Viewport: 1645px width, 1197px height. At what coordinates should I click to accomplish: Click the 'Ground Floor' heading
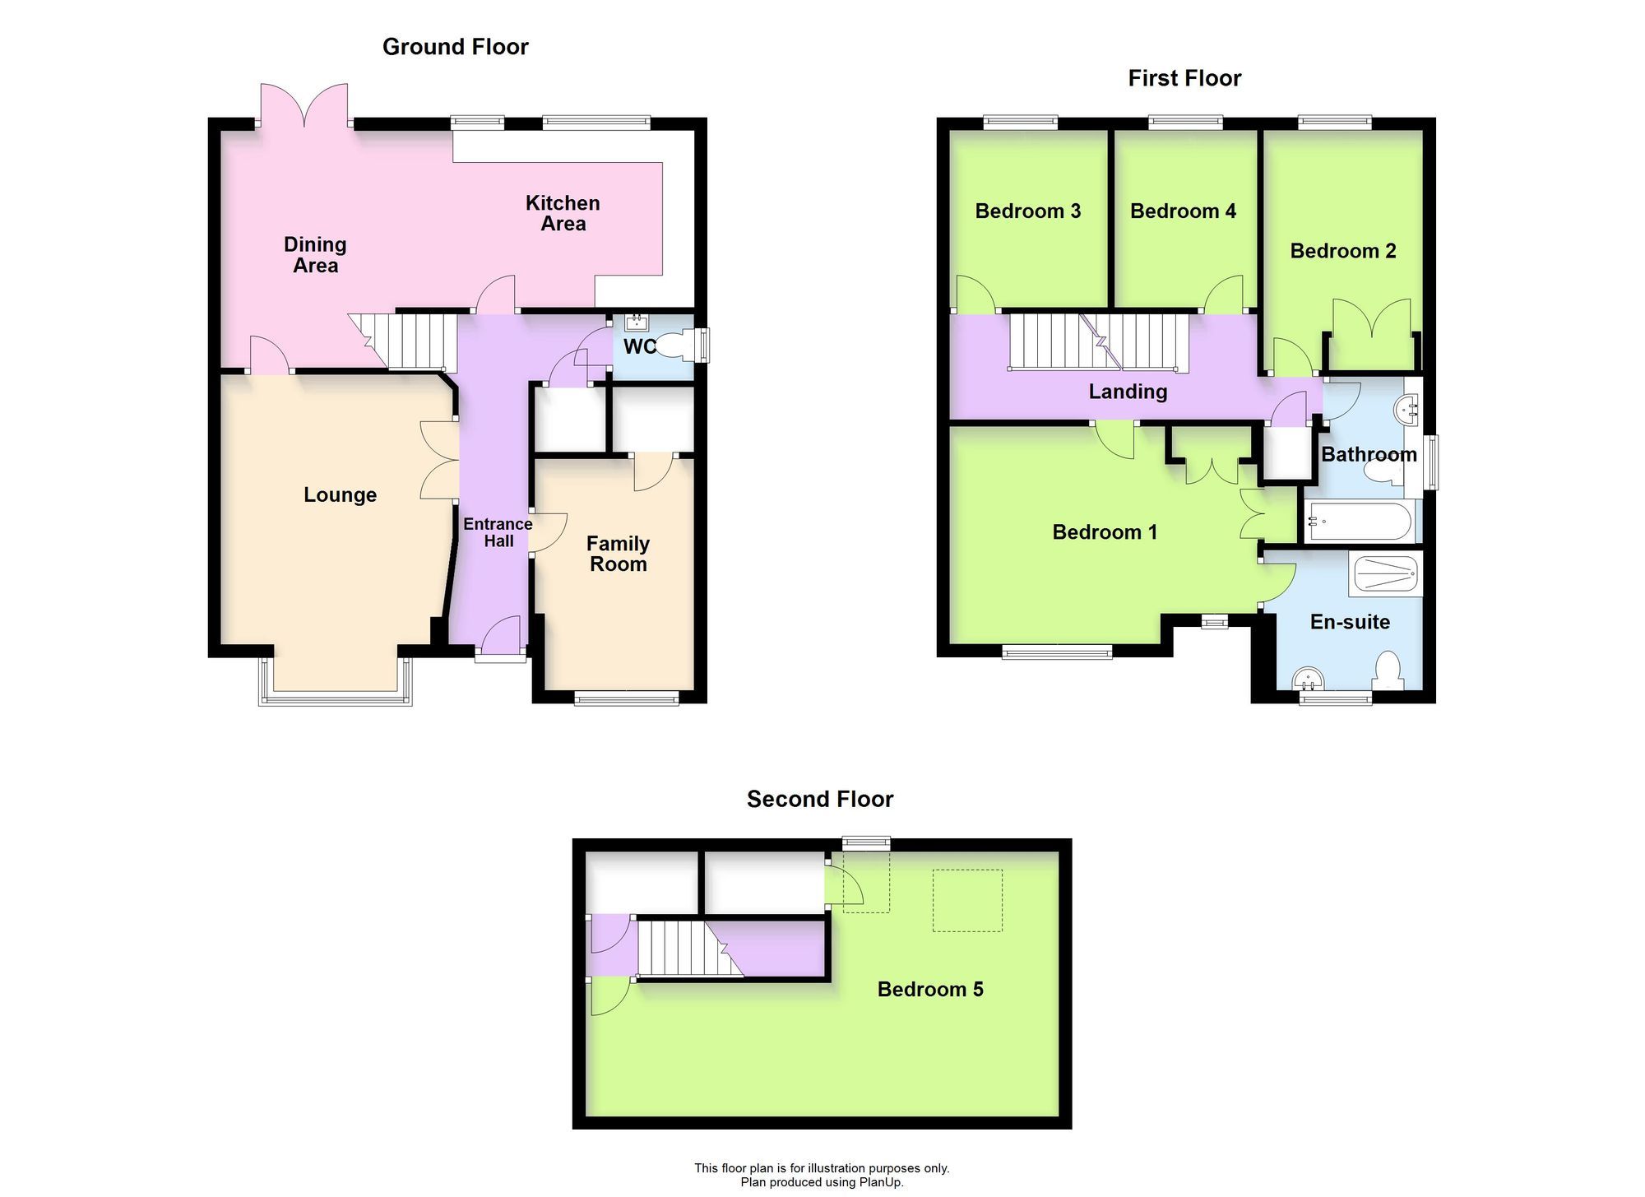tap(455, 47)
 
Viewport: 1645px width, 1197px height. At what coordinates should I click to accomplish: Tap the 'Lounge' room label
tap(340, 494)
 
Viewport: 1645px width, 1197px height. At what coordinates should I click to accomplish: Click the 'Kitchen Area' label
tap(563, 213)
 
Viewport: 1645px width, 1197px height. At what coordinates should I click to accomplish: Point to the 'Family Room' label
tap(618, 554)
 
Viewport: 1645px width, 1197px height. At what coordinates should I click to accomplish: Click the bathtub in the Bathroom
tap(1359, 522)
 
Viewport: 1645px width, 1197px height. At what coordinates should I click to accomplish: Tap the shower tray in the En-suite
tap(1386, 574)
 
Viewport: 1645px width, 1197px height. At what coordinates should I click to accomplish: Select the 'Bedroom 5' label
tap(929, 989)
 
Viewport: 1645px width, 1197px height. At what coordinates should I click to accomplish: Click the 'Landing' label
tap(1128, 392)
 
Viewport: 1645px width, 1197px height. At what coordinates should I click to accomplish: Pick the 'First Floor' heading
tap(1184, 78)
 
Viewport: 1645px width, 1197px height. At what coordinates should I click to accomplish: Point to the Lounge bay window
tap(336, 698)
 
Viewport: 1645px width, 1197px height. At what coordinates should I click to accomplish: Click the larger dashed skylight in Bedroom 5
tap(967, 901)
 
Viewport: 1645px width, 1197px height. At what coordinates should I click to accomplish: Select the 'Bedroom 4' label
tap(1183, 211)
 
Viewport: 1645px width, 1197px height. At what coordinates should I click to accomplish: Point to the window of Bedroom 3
tap(1020, 123)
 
